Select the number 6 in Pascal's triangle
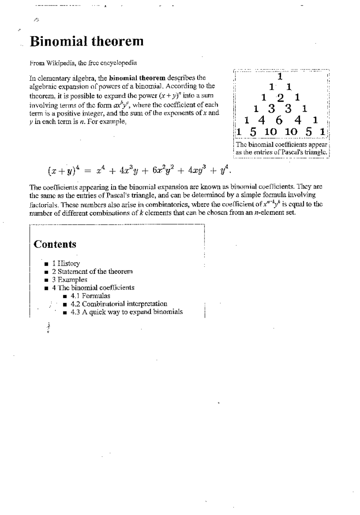tap(279, 121)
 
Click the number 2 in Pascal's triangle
tap(280, 98)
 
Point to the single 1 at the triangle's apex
tap(280, 77)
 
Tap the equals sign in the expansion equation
tap(87, 171)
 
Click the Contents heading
tap(55, 244)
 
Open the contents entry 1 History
tap(66, 263)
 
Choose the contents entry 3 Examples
tap(70, 280)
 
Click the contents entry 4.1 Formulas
tap(90, 296)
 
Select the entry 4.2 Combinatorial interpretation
tap(119, 304)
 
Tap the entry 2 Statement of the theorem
tap(92, 272)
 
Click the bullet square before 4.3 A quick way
tap(65, 312)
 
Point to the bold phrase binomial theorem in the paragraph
tap(137, 78)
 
